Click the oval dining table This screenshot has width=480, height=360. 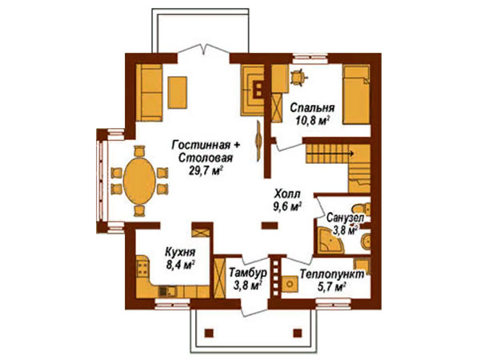click(139, 181)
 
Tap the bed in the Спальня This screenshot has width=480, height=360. click(356, 94)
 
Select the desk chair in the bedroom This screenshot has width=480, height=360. click(297, 77)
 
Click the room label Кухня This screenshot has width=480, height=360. click(180, 252)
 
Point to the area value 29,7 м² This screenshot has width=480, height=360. click(206, 171)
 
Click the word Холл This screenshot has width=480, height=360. click(288, 194)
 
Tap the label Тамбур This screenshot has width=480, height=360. click(248, 273)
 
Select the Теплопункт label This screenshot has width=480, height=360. click(332, 274)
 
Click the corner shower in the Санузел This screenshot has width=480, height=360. click(330, 240)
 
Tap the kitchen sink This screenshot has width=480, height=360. click(167, 291)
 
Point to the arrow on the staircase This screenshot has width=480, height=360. click(331, 153)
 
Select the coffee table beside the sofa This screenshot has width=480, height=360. click(178, 93)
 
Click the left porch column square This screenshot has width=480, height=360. click(209, 333)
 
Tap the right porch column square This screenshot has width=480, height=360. click(298, 333)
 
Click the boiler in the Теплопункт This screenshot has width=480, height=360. click(290, 284)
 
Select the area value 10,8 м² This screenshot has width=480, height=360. click(312, 121)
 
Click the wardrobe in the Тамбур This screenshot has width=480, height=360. click(219, 278)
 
